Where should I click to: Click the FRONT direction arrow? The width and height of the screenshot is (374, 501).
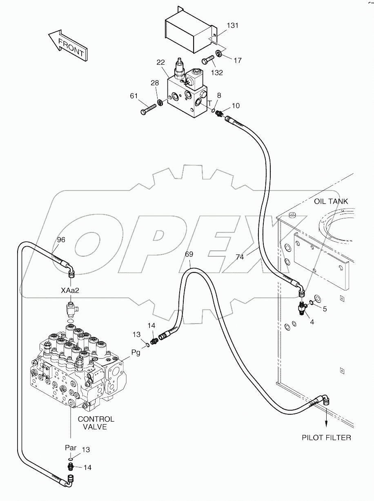67,45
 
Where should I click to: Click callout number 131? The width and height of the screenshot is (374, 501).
233,25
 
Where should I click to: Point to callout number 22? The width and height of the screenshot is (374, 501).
160,62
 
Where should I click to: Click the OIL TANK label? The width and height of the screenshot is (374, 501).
331,201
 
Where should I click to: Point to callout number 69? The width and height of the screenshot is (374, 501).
189,254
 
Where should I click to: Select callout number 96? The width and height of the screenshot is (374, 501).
61,240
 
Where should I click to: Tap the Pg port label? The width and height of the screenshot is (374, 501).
136,353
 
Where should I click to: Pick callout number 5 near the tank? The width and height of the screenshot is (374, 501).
325,309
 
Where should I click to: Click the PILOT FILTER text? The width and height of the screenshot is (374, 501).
326,438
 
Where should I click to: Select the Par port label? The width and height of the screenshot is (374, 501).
70,447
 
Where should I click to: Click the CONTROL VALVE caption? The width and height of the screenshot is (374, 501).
96,423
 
